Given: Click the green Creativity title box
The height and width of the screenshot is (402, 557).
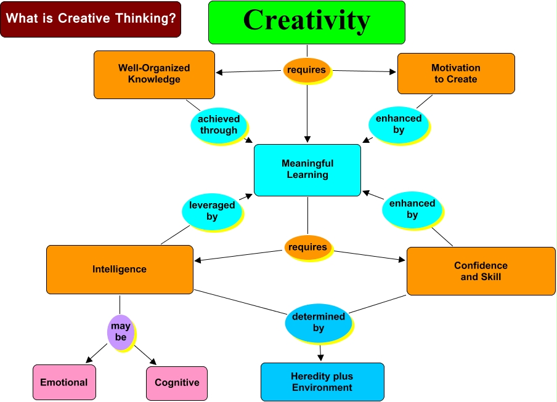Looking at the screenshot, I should (306, 22).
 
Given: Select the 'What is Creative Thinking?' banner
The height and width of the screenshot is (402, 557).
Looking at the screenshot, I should (91, 19).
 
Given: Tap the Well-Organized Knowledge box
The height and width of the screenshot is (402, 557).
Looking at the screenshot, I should (154, 74).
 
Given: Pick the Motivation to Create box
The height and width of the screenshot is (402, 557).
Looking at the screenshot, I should (455, 73).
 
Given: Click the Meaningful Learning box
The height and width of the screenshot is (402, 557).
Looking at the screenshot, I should (307, 170).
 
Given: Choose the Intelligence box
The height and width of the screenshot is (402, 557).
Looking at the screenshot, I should (120, 269).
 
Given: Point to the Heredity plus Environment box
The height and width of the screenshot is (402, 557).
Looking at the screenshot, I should (322, 382).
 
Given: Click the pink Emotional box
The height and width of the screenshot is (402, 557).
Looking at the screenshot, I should (64, 382).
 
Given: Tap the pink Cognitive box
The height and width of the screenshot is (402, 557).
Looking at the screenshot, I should (177, 383).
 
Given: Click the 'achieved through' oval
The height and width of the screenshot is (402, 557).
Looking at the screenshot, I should (218, 124).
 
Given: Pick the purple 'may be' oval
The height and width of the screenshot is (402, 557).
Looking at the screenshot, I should (120, 332).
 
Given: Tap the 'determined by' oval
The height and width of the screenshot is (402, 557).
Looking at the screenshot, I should (318, 322).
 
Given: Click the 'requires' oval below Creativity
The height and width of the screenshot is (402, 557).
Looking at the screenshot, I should (306, 70).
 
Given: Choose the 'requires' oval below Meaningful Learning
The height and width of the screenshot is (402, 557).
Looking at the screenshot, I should (307, 247).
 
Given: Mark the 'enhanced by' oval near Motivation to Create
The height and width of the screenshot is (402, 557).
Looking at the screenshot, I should (399, 124).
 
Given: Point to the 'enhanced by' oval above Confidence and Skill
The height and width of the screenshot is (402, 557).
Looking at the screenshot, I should (412, 209).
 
